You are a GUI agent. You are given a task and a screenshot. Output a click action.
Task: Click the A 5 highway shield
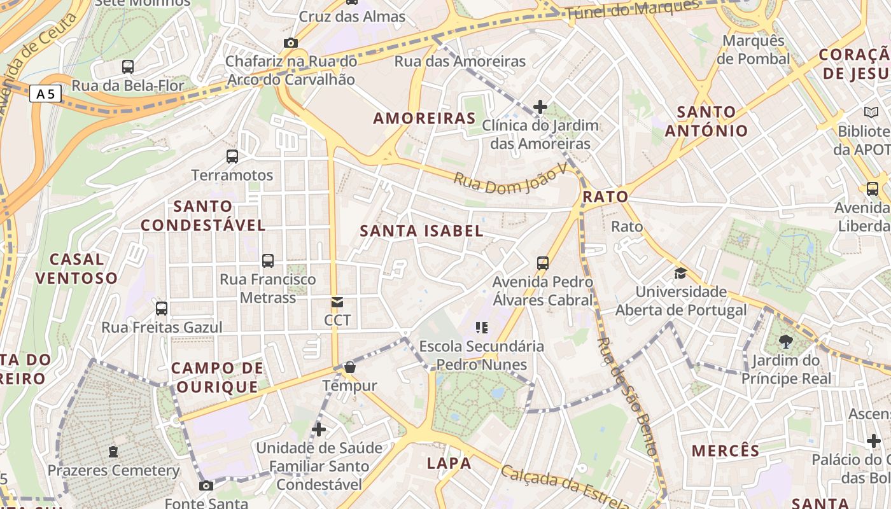tap(45, 94)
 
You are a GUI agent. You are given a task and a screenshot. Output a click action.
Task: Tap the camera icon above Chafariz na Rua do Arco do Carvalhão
tap(291, 43)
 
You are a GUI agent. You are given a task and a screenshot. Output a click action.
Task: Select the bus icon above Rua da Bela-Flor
tap(128, 66)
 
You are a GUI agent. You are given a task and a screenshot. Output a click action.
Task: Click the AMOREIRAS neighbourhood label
tap(424, 118)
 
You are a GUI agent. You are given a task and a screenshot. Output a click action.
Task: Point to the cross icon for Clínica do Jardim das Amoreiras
tap(540, 106)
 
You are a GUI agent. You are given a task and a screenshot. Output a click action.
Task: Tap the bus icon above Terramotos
tap(232, 156)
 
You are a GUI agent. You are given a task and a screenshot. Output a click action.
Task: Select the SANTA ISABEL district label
tap(422, 231)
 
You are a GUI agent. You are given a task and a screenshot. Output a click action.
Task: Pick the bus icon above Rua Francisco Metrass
tap(268, 260)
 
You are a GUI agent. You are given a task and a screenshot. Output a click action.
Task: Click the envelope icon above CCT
tap(337, 302)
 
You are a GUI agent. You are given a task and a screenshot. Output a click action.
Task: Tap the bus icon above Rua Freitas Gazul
tap(162, 309)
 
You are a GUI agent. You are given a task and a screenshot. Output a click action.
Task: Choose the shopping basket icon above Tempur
tap(349, 367)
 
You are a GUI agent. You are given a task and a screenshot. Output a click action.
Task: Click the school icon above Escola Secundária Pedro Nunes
tap(482, 328)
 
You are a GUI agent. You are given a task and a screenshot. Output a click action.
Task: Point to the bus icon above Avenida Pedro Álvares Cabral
tap(543, 263)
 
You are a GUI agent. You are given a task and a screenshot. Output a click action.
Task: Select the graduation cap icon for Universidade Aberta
tap(681, 274)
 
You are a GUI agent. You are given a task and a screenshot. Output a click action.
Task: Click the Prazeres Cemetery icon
tap(113, 452)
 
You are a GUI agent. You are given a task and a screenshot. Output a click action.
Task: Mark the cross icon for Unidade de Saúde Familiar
tap(319, 429)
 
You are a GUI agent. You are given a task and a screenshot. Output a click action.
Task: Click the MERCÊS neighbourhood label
tap(726, 450)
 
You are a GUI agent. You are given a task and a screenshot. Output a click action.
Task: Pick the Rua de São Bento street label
tap(628, 396)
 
